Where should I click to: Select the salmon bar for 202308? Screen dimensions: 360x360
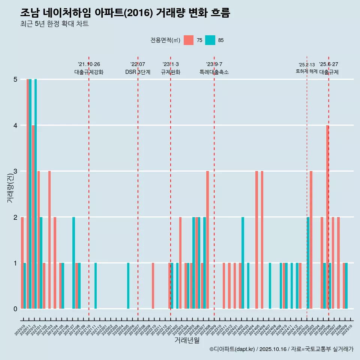coord(207,240)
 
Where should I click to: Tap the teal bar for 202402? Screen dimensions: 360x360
coord(243,262)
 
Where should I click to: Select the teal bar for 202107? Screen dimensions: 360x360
coord(74,262)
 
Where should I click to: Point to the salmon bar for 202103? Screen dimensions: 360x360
coord(49,240)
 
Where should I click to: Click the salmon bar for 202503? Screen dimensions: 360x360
coord(311,240)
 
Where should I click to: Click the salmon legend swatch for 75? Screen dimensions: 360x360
coord(189,40)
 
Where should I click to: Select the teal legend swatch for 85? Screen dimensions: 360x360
coord(210,40)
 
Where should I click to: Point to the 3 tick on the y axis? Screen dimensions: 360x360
coord(15,171)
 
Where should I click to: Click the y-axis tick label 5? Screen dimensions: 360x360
coord(15,79)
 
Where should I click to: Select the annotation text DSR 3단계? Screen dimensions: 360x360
coord(138,72)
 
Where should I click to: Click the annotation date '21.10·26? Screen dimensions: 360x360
coord(89,64)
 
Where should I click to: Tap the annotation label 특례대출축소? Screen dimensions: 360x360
coord(214,72)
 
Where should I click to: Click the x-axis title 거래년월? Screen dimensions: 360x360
coord(187,340)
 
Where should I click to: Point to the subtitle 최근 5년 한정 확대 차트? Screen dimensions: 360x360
coord(54,24)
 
